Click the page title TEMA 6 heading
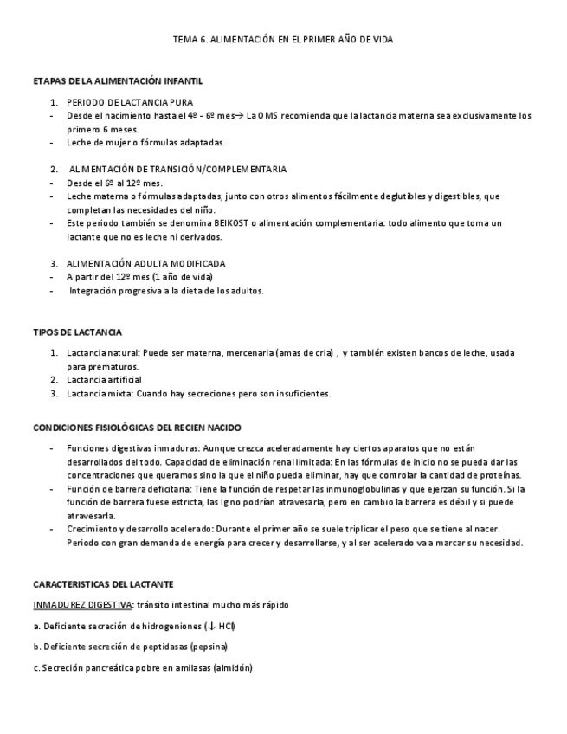click(282, 40)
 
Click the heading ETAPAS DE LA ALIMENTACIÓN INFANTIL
click(118, 81)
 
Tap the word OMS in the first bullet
click(268, 115)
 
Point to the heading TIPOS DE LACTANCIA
click(77, 332)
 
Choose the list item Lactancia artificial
click(104, 380)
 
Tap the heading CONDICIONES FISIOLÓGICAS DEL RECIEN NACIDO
click(137, 428)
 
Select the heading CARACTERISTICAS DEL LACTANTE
click(103, 584)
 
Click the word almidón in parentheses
click(233, 667)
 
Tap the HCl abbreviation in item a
click(226, 625)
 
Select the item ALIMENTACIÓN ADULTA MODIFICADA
click(145, 263)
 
